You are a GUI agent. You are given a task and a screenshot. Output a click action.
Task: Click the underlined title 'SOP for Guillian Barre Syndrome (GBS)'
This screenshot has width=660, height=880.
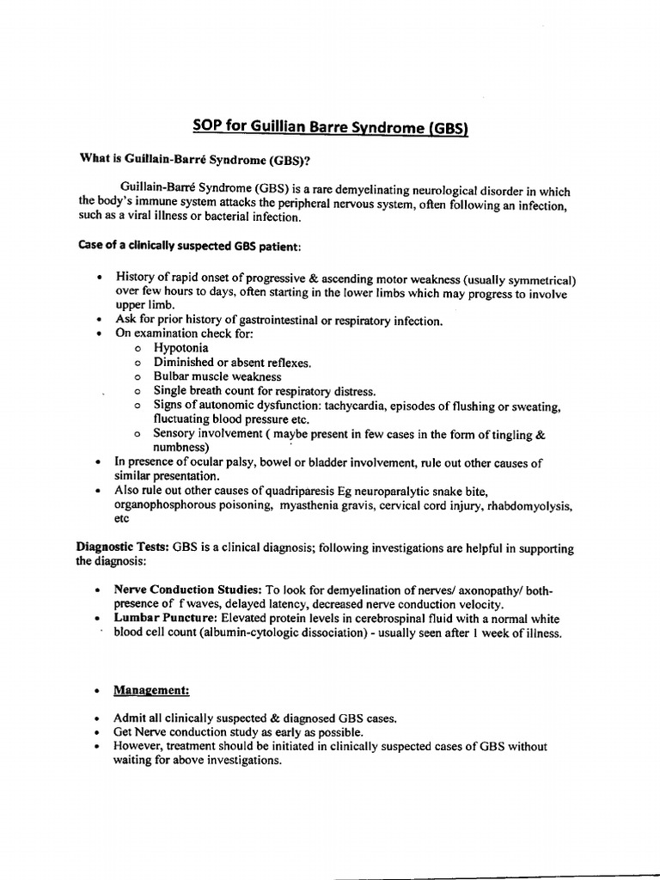330,127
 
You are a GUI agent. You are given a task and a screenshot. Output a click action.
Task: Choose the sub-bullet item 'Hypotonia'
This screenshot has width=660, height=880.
180,348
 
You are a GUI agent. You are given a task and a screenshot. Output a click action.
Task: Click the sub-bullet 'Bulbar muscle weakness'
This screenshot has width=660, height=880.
217,376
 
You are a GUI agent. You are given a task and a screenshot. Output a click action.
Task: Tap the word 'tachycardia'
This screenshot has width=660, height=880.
388,405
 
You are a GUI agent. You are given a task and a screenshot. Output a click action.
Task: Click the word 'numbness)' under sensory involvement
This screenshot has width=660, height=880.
181,448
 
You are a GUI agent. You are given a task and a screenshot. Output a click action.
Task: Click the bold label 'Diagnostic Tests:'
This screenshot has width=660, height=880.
124,547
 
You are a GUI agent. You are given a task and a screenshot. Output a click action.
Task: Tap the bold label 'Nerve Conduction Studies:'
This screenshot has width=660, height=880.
188,590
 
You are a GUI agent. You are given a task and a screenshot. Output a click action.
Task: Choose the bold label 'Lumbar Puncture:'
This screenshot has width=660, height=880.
166,619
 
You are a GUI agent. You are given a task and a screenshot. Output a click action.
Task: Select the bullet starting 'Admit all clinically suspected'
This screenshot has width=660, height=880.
255,718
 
